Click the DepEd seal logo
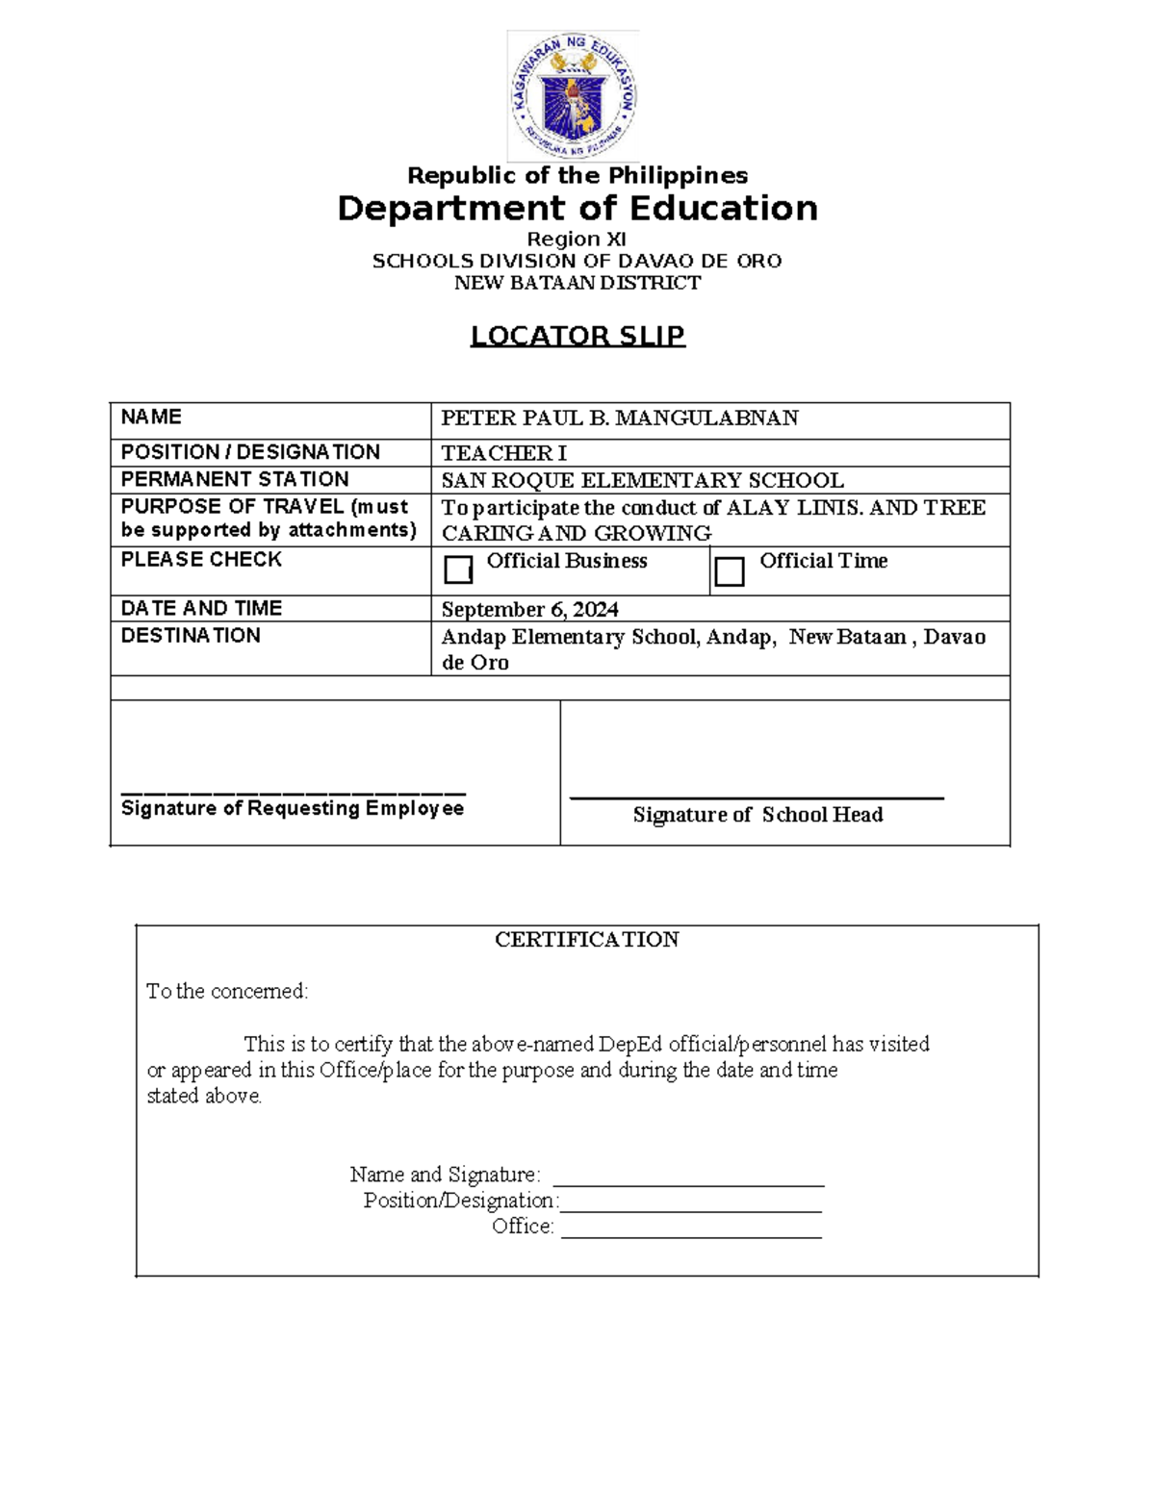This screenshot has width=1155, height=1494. click(x=574, y=96)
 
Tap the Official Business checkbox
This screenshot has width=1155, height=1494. click(x=458, y=570)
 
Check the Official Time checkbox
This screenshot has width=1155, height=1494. click(x=730, y=571)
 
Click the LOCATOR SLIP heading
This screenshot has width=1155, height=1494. click(x=577, y=336)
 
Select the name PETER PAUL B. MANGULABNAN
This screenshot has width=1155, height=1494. click(x=619, y=418)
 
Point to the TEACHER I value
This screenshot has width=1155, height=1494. click(x=503, y=453)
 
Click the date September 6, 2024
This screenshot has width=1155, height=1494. click(x=529, y=610)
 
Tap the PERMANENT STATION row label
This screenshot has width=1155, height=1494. click(x=235, y=479)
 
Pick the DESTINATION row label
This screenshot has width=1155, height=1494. click(x=191, y=636)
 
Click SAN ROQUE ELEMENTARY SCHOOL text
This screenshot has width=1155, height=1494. click(x=642, y=480)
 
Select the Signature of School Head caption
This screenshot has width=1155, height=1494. click(x=757, y=815)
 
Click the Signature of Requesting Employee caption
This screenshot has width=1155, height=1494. click(x=293, y=808)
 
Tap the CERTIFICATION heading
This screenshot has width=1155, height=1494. click(x=586, y=940)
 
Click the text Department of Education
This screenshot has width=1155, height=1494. click(x=577, y=209)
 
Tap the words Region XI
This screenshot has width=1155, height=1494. click(x=577, y=240)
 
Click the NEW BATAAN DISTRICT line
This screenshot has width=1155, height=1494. click(x=577, y=283)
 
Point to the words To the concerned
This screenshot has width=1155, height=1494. click(x=227, y=992)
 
